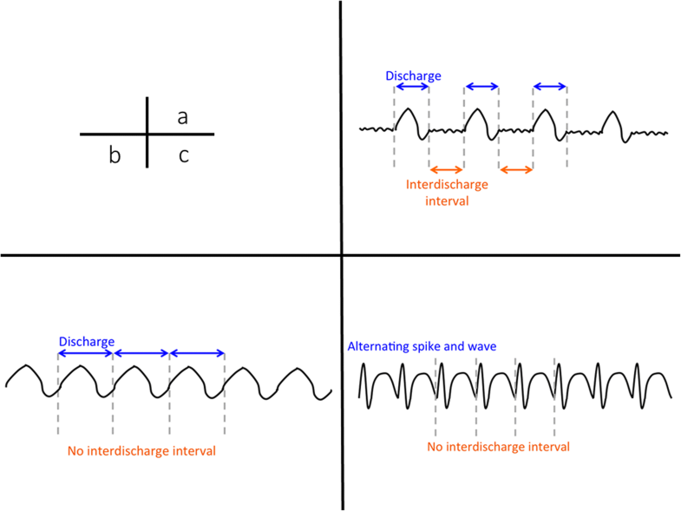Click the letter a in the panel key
pos(182,117)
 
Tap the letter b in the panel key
pos(114,156)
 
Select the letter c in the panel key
pos(183,156)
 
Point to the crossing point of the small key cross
pos(147,134)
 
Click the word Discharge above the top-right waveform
pos(413,75)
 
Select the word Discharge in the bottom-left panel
pos(86,342)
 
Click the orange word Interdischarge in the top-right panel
pos(447,185)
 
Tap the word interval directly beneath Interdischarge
pos(447,200)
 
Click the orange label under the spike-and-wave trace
pos(498,447)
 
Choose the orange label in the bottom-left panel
pos(141,451)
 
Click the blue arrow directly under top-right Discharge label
pos(411,87)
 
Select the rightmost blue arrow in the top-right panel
pos(550,87)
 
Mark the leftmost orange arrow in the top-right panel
pos(446,169)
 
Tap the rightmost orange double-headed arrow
pos(515,169)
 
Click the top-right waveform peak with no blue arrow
pos(613,116)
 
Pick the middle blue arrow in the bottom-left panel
pos(141,353)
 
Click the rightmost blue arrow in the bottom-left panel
pos(197,353)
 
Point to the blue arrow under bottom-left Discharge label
pos(85,353)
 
